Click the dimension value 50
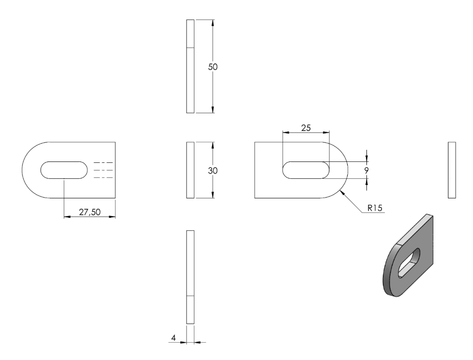coord(213,67)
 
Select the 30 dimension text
coord(213,171)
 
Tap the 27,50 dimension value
coord(90,212)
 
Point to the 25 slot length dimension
coord(306,128)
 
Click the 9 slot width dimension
coord(366,170)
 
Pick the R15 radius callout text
coord(375,208)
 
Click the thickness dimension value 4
coord(174,338)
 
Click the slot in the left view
coord(64,170)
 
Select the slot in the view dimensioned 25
coord(306,170)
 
